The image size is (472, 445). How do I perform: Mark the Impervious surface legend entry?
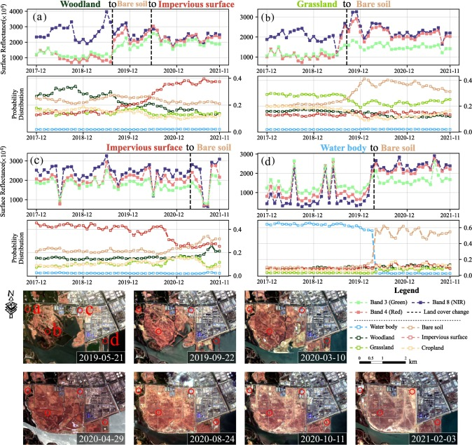tap(440, 335)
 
